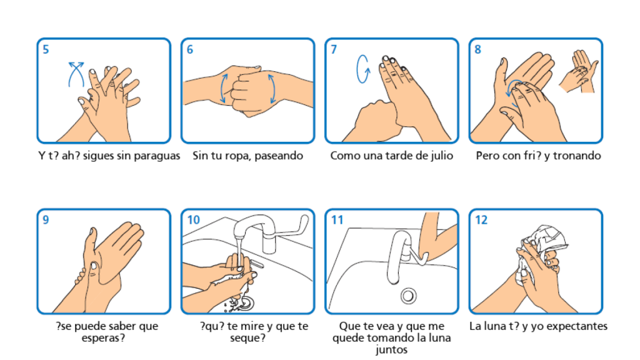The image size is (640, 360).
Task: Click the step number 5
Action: [46, 50]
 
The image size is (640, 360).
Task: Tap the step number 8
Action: [478, 50]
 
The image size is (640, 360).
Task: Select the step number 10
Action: [194, 220]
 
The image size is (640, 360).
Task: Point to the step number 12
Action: [482, 220]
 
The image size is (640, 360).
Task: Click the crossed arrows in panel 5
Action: [76, 77]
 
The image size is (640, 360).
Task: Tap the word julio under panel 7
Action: [441, 156]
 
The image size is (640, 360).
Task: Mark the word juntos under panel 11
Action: [392, 349]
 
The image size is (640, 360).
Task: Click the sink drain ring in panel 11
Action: [409, 294]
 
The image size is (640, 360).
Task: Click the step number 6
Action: [190, 50]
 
